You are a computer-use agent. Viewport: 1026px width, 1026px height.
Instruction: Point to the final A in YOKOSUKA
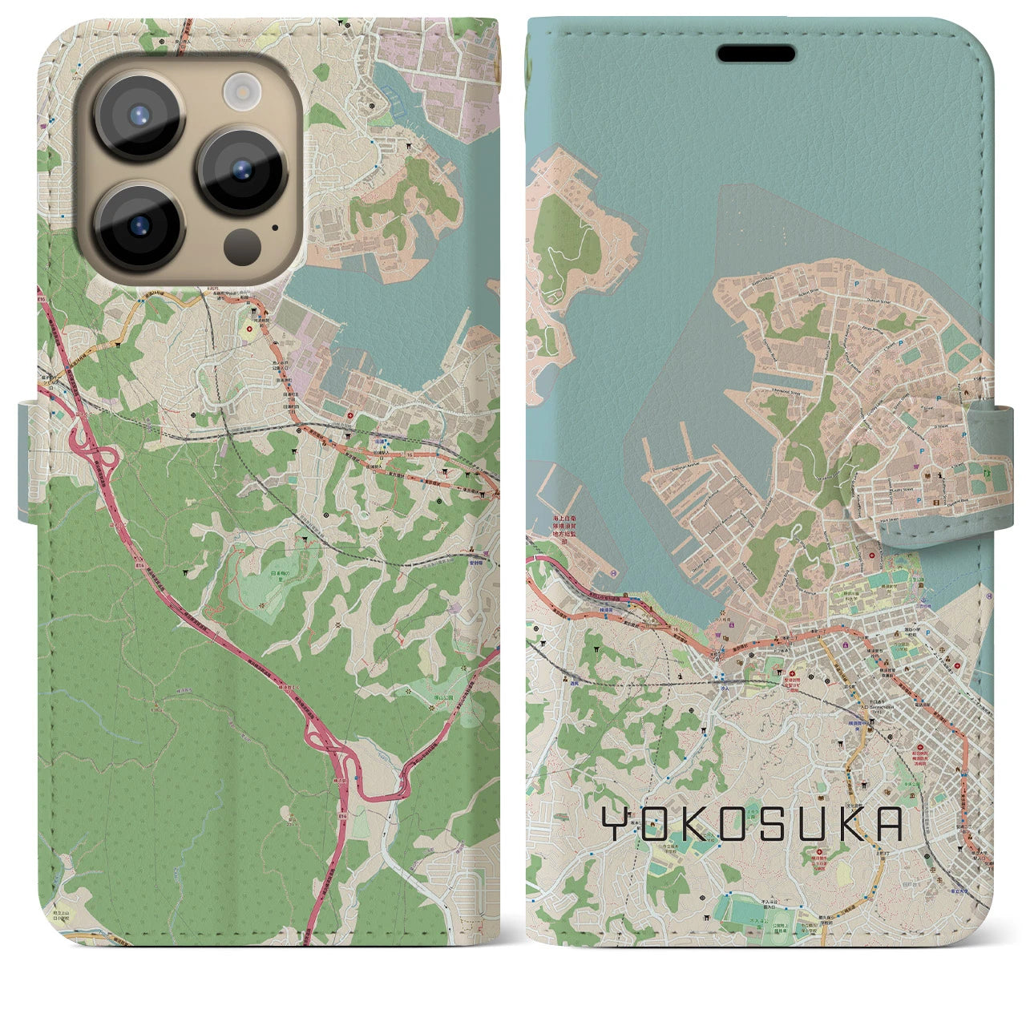[888, 824]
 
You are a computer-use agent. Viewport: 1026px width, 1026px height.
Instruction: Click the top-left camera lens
[139, 115]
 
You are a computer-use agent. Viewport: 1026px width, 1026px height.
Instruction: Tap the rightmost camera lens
[242, 171]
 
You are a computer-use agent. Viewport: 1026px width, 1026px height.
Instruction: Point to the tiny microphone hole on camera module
[275, 227]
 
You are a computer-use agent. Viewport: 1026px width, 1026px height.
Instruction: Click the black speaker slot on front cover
[756, 55]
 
